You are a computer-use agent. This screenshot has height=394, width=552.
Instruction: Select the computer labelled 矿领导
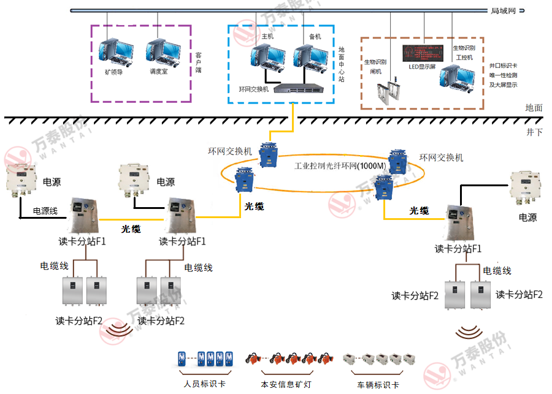(x=117, y=51)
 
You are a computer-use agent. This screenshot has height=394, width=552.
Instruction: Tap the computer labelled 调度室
(x=161, y=51)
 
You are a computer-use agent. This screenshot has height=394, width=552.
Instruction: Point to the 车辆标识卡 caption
(x=378, y=385)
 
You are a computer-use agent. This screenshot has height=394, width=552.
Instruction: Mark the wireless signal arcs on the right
(x=469, y=333)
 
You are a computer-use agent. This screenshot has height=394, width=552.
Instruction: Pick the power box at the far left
(x=22, y=178)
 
